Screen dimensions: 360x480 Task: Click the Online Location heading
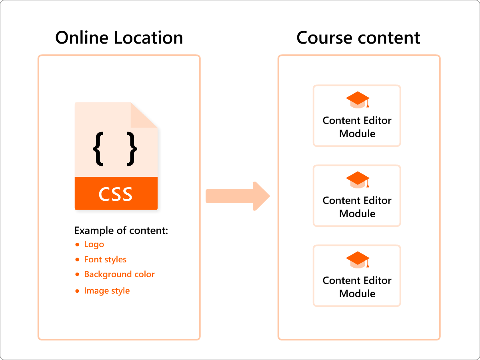click(x=119, y=38)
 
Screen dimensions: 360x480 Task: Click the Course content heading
click(x=358, y=38)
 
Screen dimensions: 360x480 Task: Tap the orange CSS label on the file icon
click(x=116, y=194)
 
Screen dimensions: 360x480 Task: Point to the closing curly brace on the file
click(x=132, y=149)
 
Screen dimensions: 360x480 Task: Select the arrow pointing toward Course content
click(x=238, y=196)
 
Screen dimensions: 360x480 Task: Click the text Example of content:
click(x=121, y=231)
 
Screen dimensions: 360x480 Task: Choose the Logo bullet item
click(x=94, y=244)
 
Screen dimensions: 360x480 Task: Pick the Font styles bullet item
click(x=105, y=260)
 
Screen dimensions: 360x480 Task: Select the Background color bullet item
click(x=119, y=274)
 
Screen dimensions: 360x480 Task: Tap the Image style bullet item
click(x=107, y=291)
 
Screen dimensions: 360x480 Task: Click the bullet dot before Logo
click(x=77, y=245)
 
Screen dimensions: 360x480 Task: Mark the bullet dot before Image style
click(x=77, y=291)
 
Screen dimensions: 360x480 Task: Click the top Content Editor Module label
click(x=357, y=127)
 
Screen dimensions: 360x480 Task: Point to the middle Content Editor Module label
click(x=357, y=207)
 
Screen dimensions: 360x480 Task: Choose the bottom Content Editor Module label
click(x=357, y=287)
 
